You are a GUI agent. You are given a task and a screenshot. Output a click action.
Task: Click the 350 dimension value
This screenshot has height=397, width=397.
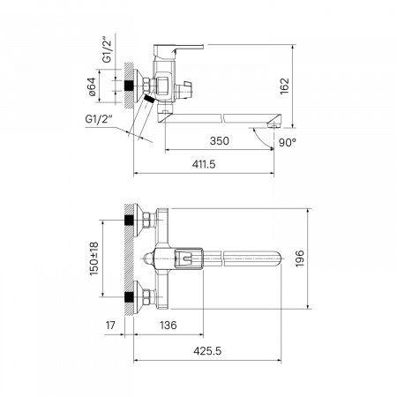click(x=219, y=141)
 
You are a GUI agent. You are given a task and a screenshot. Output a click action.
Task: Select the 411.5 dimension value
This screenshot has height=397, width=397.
click(x=204, y=164)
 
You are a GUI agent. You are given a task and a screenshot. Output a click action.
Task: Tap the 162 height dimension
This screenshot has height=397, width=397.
click(x=285, y=86)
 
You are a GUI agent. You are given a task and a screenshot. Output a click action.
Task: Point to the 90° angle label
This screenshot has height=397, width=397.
click(x=288, y=143)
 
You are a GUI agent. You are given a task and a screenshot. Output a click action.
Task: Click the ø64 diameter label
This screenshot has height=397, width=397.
click(x=92, y=86)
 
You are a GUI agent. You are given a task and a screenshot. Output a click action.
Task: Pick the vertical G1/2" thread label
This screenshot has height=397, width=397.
click(x=108, y=50)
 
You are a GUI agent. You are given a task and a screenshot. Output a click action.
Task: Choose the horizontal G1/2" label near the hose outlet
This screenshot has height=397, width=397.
click(x=99, y=119)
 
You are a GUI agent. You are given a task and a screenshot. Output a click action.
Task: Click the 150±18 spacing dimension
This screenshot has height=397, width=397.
click(x=94, y=258)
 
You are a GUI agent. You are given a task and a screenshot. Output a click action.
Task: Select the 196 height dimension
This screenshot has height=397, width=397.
click(x=299, y=258)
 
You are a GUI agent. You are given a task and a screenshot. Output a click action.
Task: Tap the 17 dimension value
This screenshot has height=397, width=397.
click(x=110, y=326)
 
